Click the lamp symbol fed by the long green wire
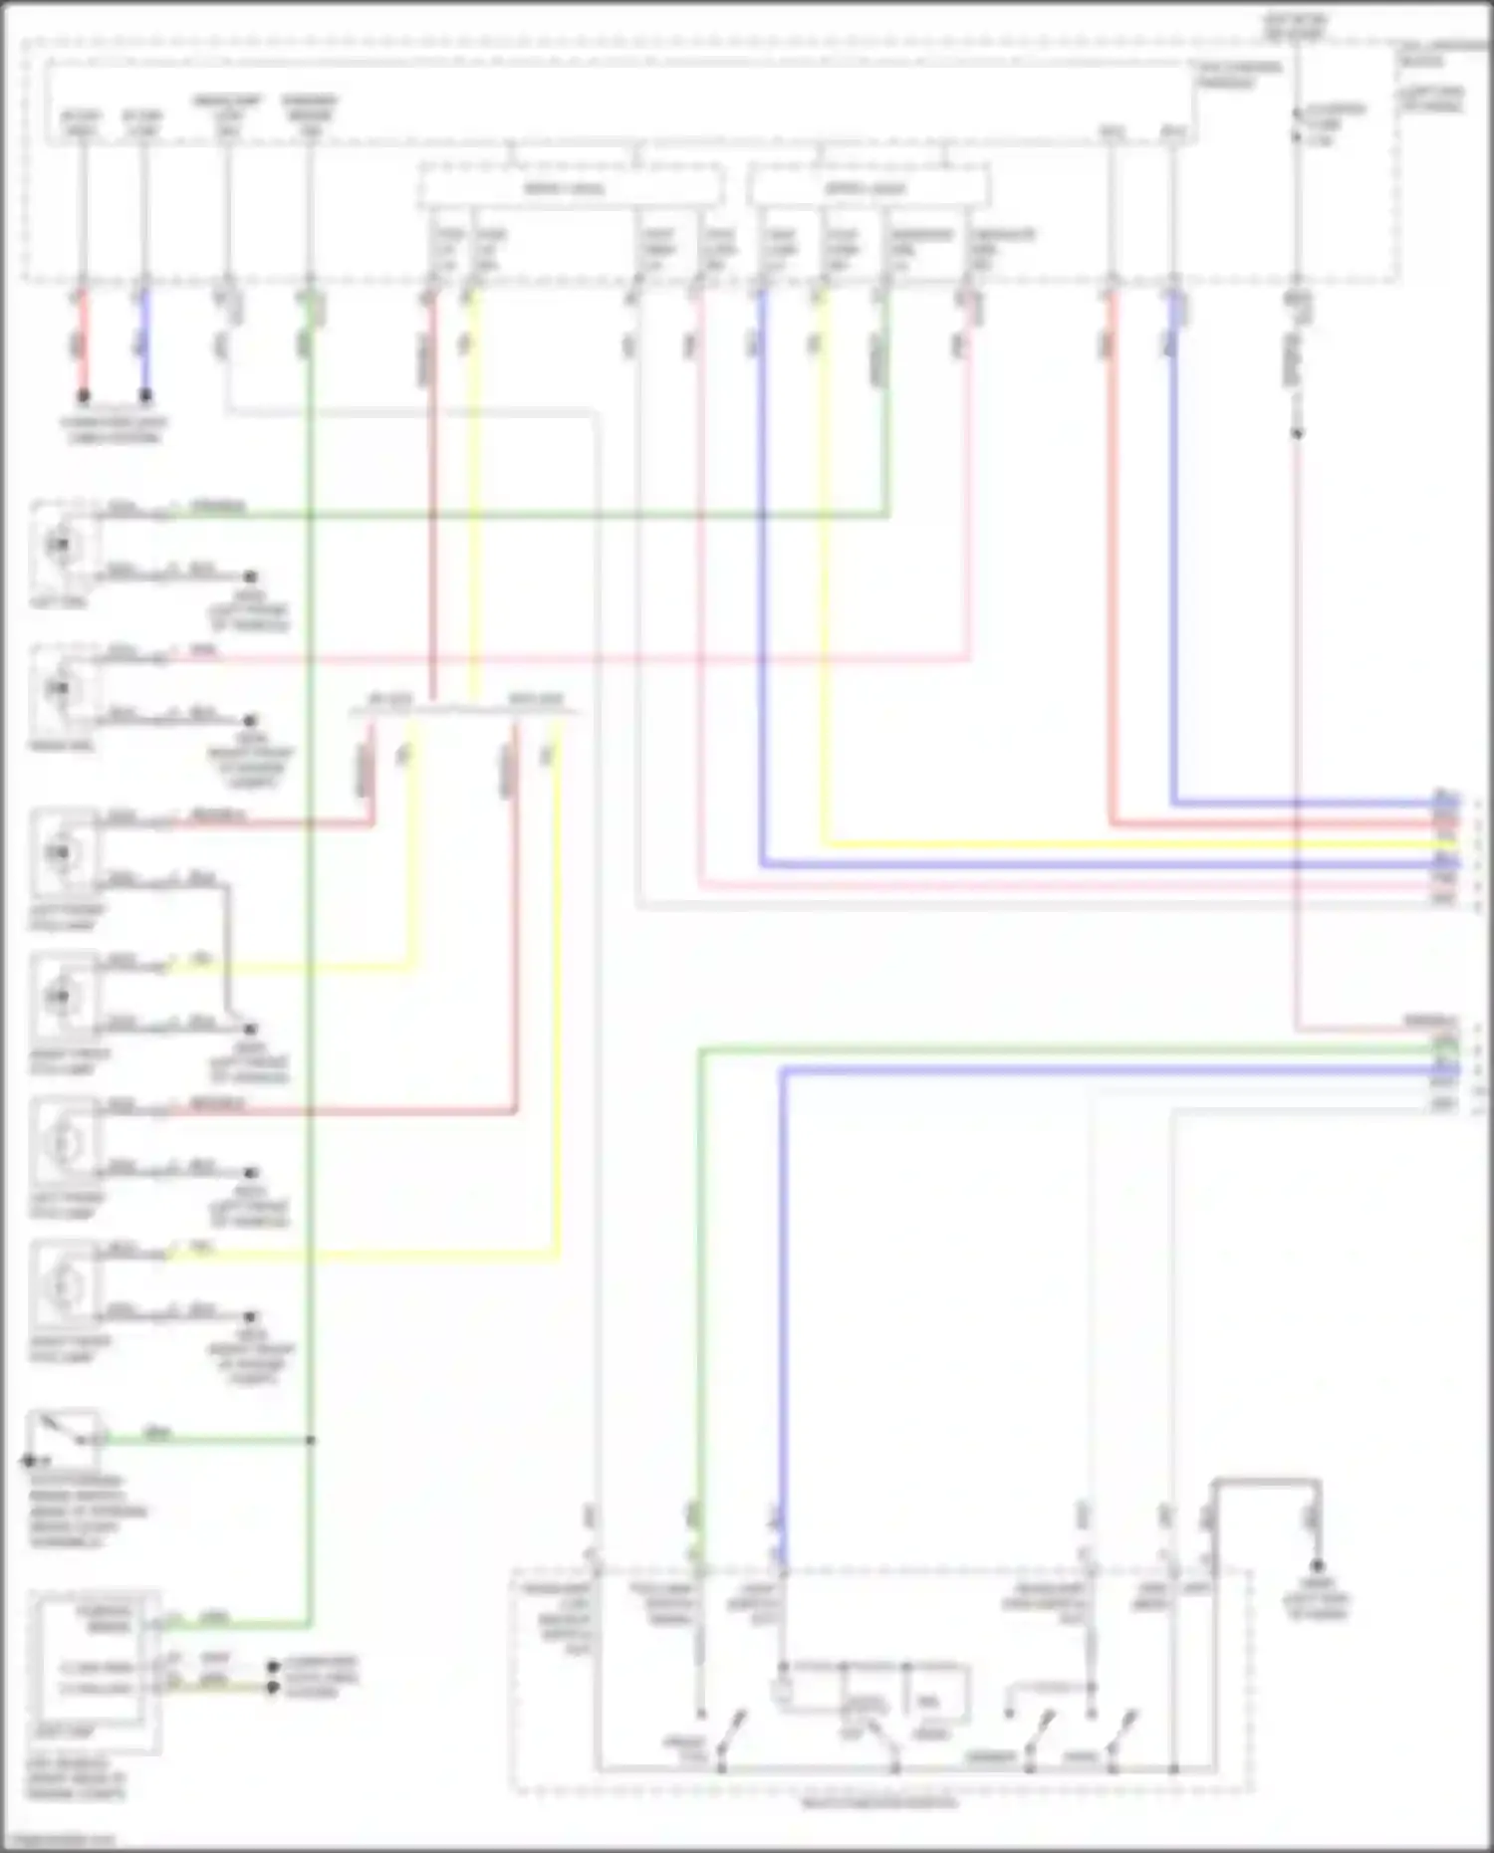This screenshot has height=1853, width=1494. pyautogui.click(x=62, y=544)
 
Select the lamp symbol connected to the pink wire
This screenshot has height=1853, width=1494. pyautogui.click(x=62, y=688)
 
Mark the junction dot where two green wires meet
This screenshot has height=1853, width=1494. pyautogui.click(x=311, y=1440)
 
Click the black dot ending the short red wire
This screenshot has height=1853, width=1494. pyautogui.click(x=84, y=395)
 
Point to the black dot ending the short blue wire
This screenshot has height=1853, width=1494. pyautogui.click(x=145, y=395)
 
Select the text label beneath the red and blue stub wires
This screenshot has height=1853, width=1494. pyautogui.click(x=115, y=430)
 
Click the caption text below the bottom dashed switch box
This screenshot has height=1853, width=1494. pyautogui.click(x=878, y=1802)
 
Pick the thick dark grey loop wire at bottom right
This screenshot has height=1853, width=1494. pyautogui.click(x=1265, y=1484)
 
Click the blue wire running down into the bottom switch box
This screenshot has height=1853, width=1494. pyautogui.click(x=783, y=1294)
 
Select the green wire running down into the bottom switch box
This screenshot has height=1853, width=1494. pyautogui.click(x=700, y=1294)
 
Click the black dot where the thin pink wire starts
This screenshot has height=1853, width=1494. pyautogui.click(x=1297, y=433)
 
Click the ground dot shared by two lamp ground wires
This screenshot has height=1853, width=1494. pyautogui.click(x=250, y=1029)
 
